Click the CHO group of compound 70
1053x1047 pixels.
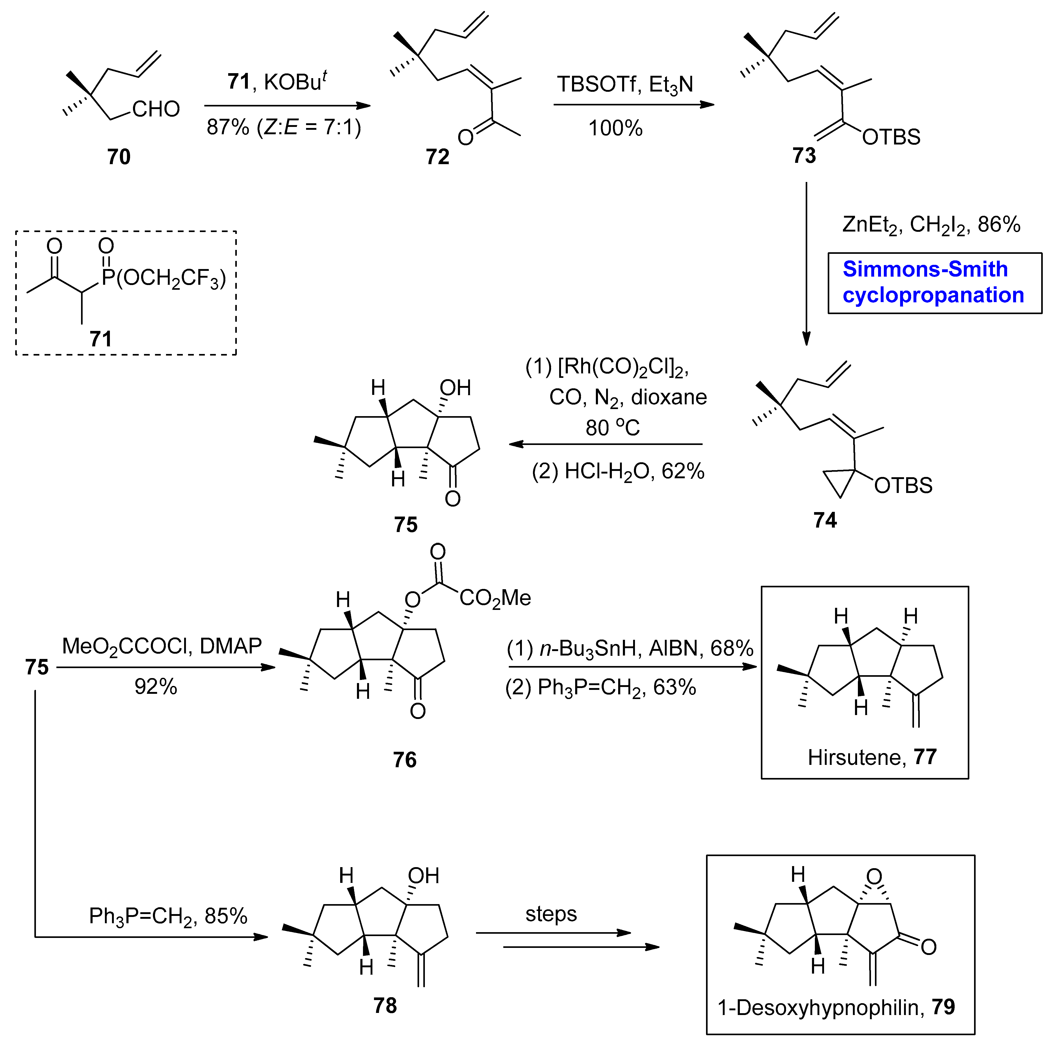pyautogui.click(x=156, y=110)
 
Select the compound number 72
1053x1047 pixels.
pyautogui.click(x=438, y=157)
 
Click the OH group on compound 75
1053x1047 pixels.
pyautogui.click(x=455, y=388)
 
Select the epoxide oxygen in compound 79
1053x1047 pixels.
pyautogui.click(x=874, y=876)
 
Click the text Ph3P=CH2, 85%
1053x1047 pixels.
pyautogui.click(x=168, y=917)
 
